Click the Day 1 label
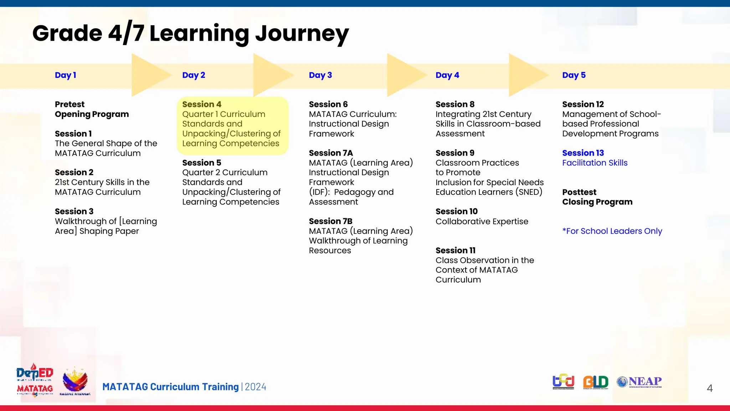[x=65, y=75]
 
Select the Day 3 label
[x=320, y=75]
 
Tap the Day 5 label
[x=574, y=75]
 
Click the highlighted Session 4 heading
[x=201, y=105]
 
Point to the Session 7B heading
[x=330, y=221]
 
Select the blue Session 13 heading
[x=583, y=153]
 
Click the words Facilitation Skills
[x=595, y=163]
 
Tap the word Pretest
[x=70, y=105]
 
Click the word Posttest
[x=579, y=192]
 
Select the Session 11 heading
[x=455, y=250]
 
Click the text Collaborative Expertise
[x=482, y=222]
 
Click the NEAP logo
[x=639, y=382]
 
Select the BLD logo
[x=595, y=382]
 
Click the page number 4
[x=709, y=388]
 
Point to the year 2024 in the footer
[x=255, y=387]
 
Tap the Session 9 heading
[x=454, y=153]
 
